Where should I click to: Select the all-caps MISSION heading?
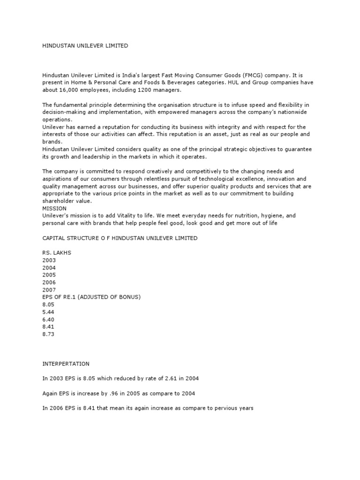[x=54, y=208]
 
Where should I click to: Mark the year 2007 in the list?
[x=49, y=290]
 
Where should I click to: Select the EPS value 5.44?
[x=49, y=312]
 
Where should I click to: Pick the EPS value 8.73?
[x=49, y=334]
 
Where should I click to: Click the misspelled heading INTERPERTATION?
[x=66, y=364]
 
